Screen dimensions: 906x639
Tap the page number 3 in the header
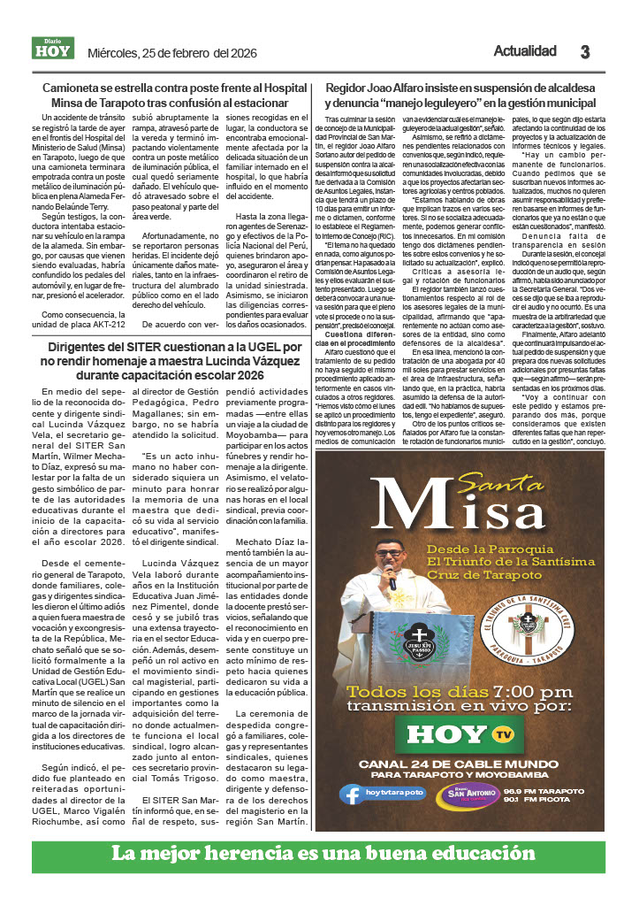tap(584, 51)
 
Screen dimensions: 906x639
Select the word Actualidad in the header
tap(525, 50)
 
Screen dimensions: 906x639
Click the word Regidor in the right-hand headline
tap(348, 88)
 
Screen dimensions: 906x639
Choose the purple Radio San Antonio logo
tap(456, 794)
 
